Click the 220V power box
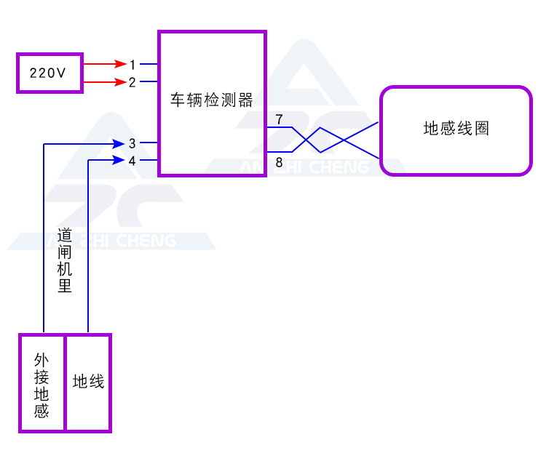pos(50,73)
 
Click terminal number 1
pos(132,65)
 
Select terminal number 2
pos(132,82)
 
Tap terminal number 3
pos(132,143)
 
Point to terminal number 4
pos(132,161)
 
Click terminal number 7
pos(279,119)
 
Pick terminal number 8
pos(279,161)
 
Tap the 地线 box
pos(88,382)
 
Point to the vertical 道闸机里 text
pos(65,260)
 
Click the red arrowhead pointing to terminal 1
pos(119,64)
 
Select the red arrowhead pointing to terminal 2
pos(119,81)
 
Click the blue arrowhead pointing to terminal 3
pos(119,143)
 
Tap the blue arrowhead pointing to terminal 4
pos(119,160)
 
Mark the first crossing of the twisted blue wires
pos(307,140)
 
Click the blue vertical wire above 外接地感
pos(44,240)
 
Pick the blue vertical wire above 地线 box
pos(87,247)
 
